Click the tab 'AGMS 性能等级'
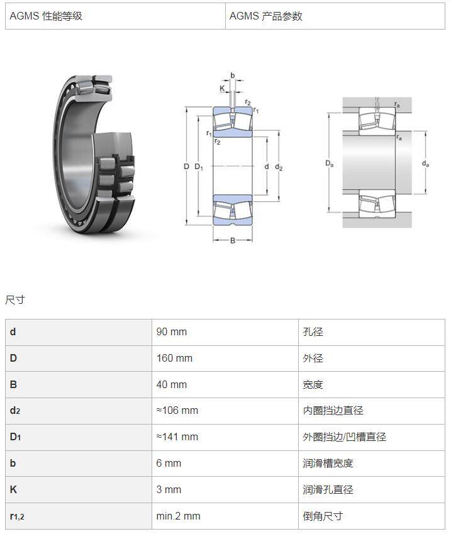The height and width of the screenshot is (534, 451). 46,16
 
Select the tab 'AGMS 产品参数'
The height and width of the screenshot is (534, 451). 265,16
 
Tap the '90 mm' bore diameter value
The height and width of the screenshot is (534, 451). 171,331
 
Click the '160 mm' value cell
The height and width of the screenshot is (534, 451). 174,359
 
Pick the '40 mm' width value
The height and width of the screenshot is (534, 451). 171,384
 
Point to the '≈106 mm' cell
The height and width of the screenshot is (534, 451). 177,410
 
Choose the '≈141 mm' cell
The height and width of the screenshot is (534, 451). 177,437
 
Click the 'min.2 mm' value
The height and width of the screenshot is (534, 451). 178,516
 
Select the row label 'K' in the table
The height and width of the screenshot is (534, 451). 13,489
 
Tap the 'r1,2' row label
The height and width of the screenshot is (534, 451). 17,516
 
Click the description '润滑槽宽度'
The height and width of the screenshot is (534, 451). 328,463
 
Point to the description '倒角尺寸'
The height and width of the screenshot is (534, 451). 323,516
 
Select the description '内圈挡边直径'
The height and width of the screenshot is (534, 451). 333,410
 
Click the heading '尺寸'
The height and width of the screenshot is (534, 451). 15,299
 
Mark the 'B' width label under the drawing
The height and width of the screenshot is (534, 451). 233,240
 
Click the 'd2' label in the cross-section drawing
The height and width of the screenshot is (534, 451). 279,167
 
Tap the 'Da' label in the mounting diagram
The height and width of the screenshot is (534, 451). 330,164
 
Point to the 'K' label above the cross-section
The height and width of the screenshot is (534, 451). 222,89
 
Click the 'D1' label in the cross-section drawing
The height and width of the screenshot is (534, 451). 199,167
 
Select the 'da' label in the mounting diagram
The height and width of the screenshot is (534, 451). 425,164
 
